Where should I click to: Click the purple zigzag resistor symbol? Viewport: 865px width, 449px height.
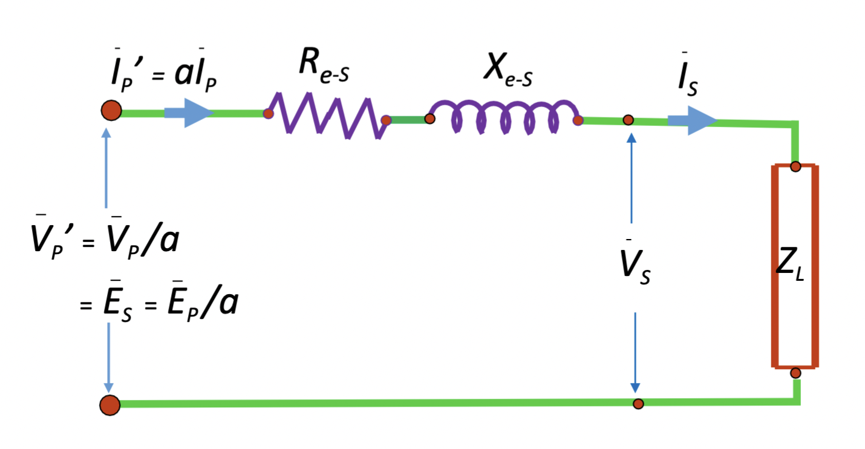pos(327,116)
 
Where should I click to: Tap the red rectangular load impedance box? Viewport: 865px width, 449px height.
pos(795,266)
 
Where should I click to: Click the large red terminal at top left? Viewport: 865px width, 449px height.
pos(111,111)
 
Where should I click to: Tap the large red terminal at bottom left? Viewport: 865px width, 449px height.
pos(110,405)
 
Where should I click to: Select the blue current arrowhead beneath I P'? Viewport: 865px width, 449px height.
pos(197,113)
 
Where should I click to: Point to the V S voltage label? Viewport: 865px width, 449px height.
pos(633,270)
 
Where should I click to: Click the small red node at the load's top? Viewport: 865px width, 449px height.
pos(795,166)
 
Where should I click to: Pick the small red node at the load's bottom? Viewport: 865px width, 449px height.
pos(795,373)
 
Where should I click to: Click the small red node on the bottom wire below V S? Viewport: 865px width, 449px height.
pos(638,404)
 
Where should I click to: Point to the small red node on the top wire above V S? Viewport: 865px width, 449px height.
pos(629,120)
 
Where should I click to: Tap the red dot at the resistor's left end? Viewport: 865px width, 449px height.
pos(267,113)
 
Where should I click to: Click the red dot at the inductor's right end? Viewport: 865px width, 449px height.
pos(578,120)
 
